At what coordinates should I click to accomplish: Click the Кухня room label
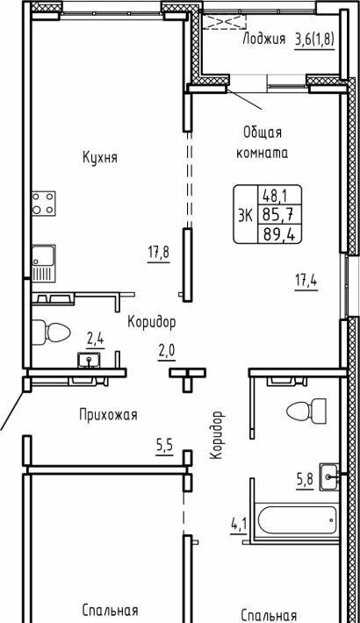pyautogui.click(x=100, y=157)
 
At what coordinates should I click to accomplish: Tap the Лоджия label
pyautogui.click(x=263, y=39)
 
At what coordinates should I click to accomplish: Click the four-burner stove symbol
pyautogui.click(x=44, y=203)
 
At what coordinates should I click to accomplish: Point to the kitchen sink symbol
pyautogui.click(x=43, y=263)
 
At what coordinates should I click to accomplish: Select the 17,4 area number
pyautogui.click(x=306, y=283)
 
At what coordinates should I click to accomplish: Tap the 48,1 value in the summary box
pyautogui.click(x=275, y=196)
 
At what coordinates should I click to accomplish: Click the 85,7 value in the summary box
pyautogui.click(x=278, y=215)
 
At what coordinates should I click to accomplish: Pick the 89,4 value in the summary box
pyautogui.click(x=278, y=235)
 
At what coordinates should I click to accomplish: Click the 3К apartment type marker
pyautogui.click(x=245, y=215)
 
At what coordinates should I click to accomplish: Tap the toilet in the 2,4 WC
pyautogui.click(x=51, y=332)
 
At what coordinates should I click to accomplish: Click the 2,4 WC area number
pyautogui.click(x=95, y=340)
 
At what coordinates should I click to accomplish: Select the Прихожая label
pyautogui.click(x=108, y=415)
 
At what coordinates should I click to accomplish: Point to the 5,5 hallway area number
pyautogui.click(x=164, y=447)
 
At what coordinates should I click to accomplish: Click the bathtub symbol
pyautogui.click(x=298, y=519)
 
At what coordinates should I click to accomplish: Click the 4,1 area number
pyautogui.click(x=239, y=526)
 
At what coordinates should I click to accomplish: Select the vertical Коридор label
pyautogui.click(x=216, y=435)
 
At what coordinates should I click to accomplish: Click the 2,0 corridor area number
pyautogui.click(x=167, y=353)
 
